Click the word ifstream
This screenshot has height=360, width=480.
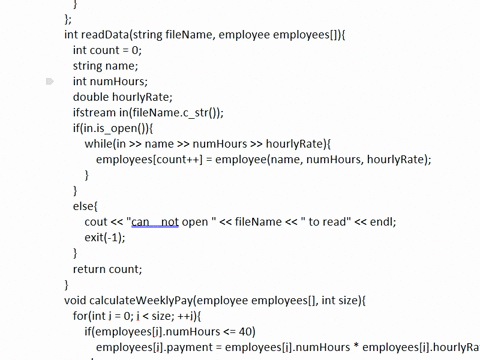click(x=96, y=113)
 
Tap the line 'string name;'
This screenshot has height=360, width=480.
click(x=105, y=66)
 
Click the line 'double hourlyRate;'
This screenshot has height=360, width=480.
click(x=123, y=97)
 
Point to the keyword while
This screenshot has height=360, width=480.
click(x=100, y=144)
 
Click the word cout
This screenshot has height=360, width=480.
click(x=96, y=222)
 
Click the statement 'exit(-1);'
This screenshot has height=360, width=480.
click(x=106, y=237)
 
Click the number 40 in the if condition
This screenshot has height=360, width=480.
click(x=247, y=331)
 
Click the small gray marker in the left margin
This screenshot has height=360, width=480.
click(x=50, y=82)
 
